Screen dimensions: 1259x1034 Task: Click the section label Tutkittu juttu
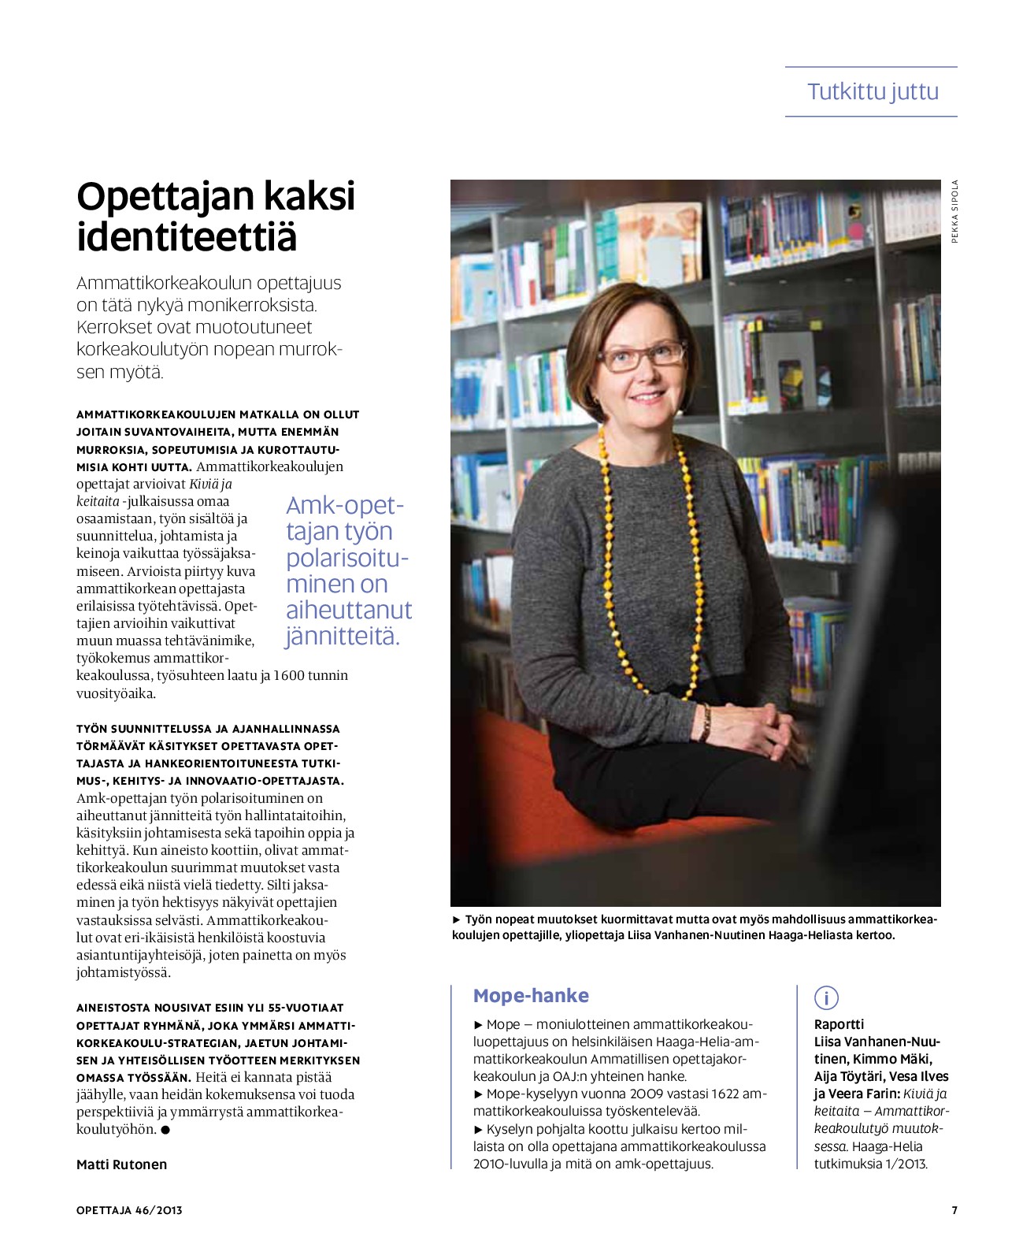[873, 91]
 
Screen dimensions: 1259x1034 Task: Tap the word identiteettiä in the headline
[187, 236]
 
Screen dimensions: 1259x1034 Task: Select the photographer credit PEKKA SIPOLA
[954, 211]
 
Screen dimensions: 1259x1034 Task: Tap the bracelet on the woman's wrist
[706, 722]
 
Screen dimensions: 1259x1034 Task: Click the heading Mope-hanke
[531, 996]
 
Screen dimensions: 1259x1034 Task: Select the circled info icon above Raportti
[826, 997]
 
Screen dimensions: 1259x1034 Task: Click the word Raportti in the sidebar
[839, 1024]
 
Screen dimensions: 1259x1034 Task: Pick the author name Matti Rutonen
[121, 1164]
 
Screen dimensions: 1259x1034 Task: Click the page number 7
[954, 1210]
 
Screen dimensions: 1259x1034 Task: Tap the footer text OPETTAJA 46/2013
[129, 1210]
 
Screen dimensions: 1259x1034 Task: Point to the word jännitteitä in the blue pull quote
[343, 636]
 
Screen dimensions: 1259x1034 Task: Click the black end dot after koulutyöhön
[165, 1130]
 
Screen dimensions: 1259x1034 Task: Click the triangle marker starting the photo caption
[457, 919]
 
